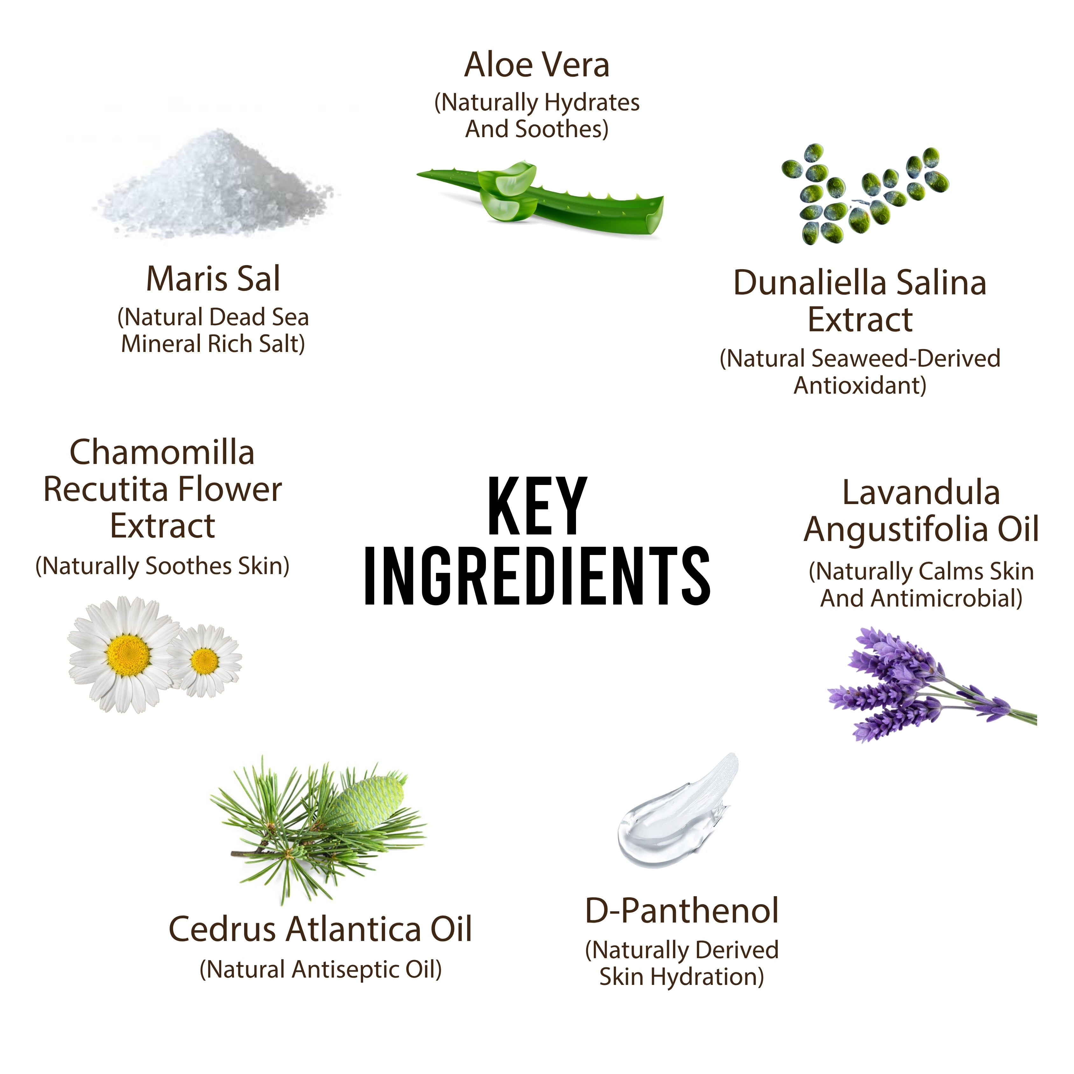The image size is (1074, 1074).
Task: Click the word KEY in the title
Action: pyautogui.click(x=537, y=506)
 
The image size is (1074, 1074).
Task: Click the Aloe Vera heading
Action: pyautogui.click(x=537, y=65)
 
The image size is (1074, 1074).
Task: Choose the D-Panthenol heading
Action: pyautogui.click(x=682, y=910)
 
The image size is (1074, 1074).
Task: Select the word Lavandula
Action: pyautogui.click(x=921, y=493)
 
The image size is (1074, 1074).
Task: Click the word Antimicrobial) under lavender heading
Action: pyautogui.click(x=947, y=599)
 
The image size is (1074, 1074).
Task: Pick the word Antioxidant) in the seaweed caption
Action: pyautogui.click(x=860, y=386)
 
